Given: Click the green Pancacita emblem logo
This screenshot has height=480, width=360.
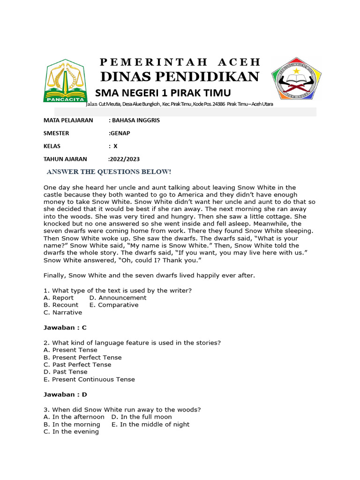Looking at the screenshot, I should [x=65, y=81].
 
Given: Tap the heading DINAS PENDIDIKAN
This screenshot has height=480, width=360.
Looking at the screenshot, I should [x=180, y=77].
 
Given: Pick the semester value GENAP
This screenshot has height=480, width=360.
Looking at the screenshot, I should [x=120, y=133].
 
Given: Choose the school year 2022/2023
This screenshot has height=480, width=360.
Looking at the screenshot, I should [x=124, y=159].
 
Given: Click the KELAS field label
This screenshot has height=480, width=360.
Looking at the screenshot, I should [x=52, y=146].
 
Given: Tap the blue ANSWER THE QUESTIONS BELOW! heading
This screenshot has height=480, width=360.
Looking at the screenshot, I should [x=109, y=172].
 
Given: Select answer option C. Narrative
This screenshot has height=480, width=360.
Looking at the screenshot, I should [x=63, y=313].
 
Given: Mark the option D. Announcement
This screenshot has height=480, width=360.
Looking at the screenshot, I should [x=118, y=298].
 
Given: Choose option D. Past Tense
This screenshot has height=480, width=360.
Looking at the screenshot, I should [x=66, y=372].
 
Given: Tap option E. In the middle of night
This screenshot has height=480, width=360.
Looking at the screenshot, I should [x=150, y=425].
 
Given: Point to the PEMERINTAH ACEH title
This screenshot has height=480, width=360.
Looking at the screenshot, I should [x=180, y=62].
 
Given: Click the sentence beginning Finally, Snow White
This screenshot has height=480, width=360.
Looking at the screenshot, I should [x=149, y=276].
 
